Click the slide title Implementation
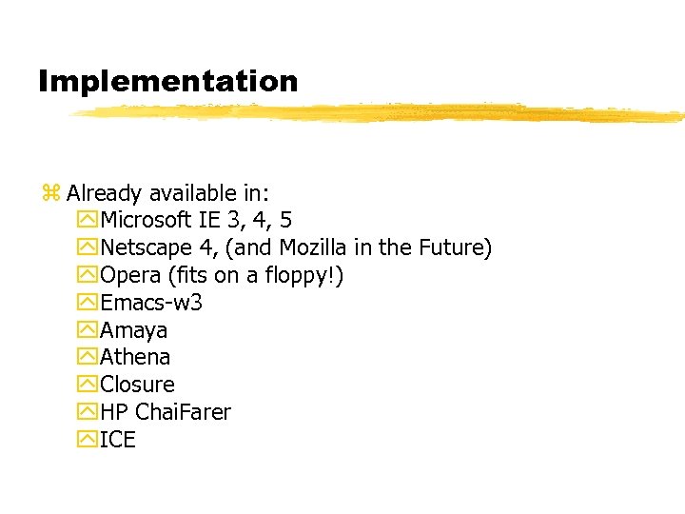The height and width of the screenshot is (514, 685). [x=167, y=81]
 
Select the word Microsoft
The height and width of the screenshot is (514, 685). [x=146, y=221]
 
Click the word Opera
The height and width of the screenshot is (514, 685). [x=129, y=276]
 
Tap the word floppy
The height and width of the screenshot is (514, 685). [x=299, y=276]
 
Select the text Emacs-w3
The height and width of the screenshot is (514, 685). [x=151, y=303]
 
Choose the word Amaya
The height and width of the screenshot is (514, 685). [x=134, y=330]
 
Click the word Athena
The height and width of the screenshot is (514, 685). [x=136, y=358]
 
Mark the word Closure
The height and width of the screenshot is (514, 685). [x=138, y=385]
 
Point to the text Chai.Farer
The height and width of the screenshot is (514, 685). [x=183, y=412]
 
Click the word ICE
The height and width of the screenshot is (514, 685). [x=118, y=440]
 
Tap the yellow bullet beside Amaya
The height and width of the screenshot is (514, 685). [x=89, y=330]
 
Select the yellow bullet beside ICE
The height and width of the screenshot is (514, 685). [x=89, y=440]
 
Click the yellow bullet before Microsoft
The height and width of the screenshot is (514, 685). [x=89, y=221]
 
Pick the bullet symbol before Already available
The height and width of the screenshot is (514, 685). [x=51, y=193]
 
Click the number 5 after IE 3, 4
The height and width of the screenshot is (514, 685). [x=285, y=221]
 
